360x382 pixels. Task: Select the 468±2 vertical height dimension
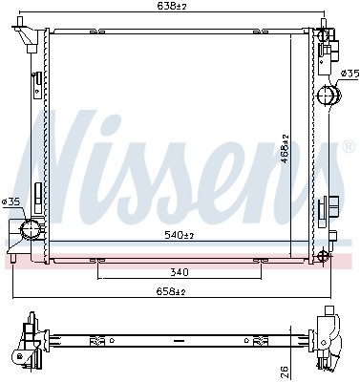[284, 145]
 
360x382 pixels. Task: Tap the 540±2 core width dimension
[178, 235]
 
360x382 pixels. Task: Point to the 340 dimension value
[178, 272]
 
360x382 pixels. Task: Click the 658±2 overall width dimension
[178, 291]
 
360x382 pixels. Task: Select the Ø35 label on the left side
[11, 202]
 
